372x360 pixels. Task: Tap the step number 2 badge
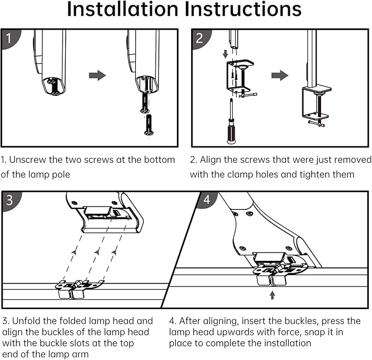click(199, 38)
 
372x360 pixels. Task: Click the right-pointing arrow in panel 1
click(98, 75)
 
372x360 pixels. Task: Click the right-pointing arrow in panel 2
click(280, 75)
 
